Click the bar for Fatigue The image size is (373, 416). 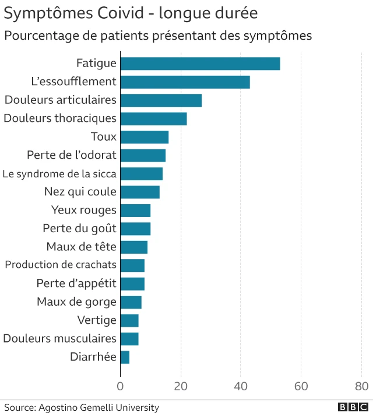pyautogui.click(x=200, y=64)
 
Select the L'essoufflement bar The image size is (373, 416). pyautogui.click(x=185, y=82)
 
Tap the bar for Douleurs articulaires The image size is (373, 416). pyautogui.click(x=161, y=100)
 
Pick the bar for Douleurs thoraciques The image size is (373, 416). pyautogui.click(x=153, y=118)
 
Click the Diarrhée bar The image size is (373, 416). pyautogui.click(x=125, y=357)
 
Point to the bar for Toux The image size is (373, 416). pyautogui.click(x=144, y=137)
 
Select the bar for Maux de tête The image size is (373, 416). pyautogui.click(x=133, y=247)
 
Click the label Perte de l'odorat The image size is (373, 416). pyautogui.click(x=72, y=155)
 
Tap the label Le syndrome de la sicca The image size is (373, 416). pyautogui.click(x=59, y=174)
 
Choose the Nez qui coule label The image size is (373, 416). pyautogui.click(x=80, y=192)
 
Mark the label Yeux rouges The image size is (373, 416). pyautogui.click(x=84, y=210)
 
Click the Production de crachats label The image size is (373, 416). pyautogui.click(x=61, y=265)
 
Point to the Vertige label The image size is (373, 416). pyautogui.click(x=97, y=320)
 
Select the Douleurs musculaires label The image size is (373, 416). pyautogui.click(x=59, y=338)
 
